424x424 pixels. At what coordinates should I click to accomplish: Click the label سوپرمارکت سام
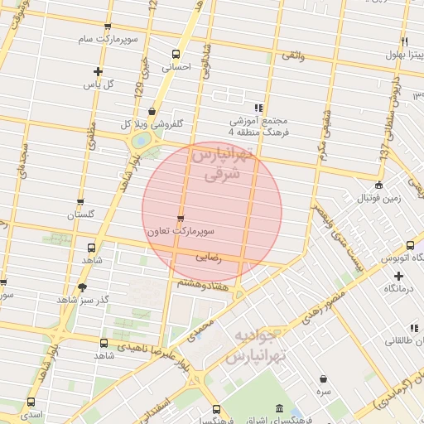pyautogui.click(x=108, y=39)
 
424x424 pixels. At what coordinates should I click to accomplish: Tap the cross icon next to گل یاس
pyautogui.click(x=99, y=71)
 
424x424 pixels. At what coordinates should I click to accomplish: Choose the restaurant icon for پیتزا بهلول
pyautogui.click(x=404, y=41)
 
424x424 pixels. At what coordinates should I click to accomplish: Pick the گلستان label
pyautogui.click(x=81, y=214)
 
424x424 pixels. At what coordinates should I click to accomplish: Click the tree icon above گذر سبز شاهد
pyautogui.click(x=81, y=287)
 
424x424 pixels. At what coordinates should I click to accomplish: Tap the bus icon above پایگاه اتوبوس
pyautogui.click(x=411, y=245)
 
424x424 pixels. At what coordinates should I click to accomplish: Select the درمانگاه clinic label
pyautogui.click(x=397, y=289)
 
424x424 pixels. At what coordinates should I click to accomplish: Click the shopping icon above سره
pyautogui.click(x=322, y=378)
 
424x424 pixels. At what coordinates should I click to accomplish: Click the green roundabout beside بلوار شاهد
pyautogui.click(x=142, y=142)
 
